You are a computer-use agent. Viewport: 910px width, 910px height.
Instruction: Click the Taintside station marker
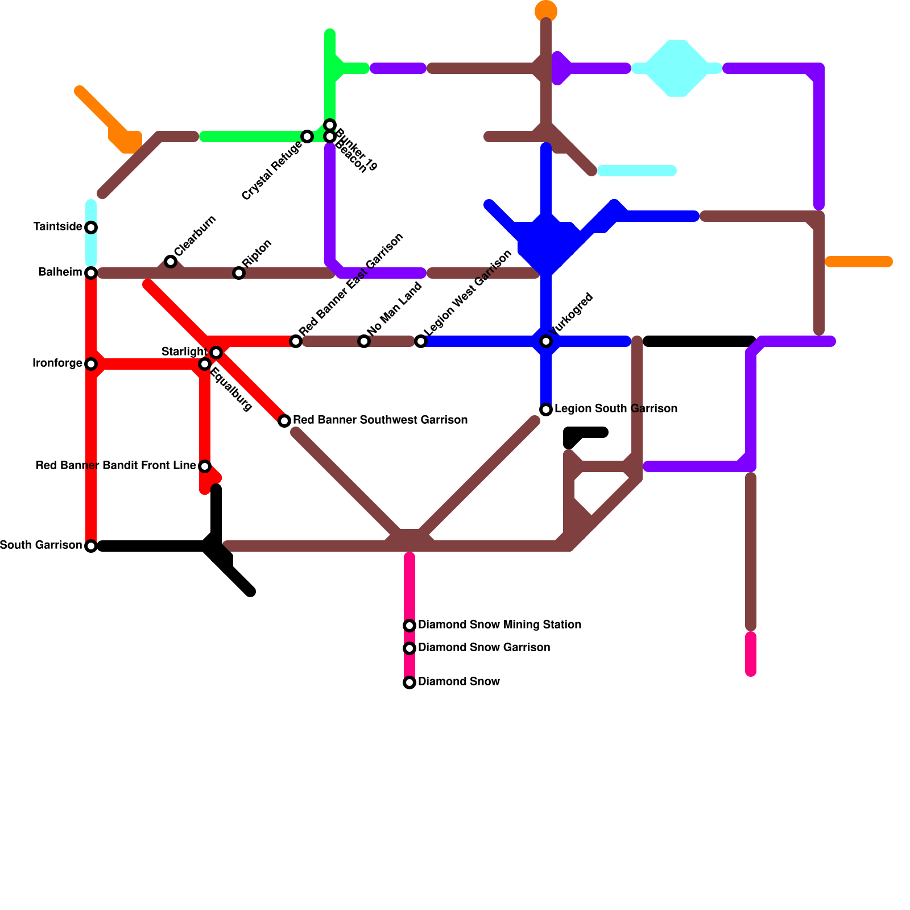pos(91,227)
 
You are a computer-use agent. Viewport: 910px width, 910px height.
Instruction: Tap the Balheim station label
pos(60,272)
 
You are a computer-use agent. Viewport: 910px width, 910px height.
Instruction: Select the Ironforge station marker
pos(91,364)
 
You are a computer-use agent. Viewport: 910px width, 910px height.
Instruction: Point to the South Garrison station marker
pos(91,546)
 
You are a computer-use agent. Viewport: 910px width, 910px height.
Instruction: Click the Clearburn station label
pos(195,236)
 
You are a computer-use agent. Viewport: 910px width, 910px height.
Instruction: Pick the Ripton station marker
pos(239,273)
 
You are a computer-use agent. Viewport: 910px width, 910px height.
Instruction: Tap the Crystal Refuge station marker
pos(307,136)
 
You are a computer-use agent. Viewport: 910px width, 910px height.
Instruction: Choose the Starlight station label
pos(184,352)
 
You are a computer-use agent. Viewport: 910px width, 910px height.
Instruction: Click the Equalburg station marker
pos(205,364)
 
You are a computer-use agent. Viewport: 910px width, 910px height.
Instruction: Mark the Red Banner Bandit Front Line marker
pos(205,466)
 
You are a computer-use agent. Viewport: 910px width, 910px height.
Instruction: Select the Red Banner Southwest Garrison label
pos(380,420)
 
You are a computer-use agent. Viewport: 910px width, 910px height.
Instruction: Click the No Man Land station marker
pos(364,341)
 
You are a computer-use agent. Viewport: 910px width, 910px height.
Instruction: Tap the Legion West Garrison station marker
pos(421,341)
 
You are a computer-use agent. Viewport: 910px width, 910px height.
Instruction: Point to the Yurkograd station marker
pos(546,341)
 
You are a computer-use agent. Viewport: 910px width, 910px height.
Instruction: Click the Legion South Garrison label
pos(615,409)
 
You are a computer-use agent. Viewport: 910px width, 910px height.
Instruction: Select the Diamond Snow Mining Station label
pos(499,625)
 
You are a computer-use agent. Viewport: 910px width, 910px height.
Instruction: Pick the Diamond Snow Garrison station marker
pos(409,648)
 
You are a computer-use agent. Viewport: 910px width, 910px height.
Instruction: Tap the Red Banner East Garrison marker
pos(296,341)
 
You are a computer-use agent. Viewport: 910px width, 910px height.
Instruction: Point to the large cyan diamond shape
pos(677,68)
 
